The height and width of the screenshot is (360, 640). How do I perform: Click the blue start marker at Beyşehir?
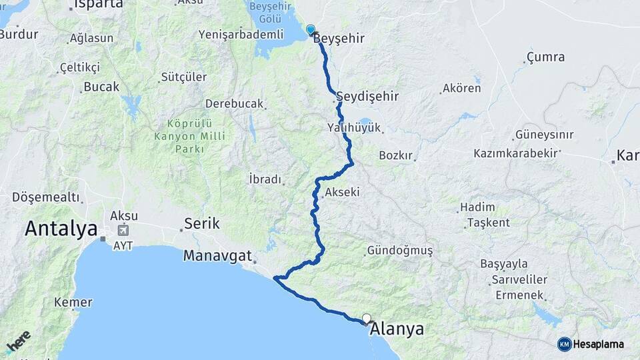tap(310, 29)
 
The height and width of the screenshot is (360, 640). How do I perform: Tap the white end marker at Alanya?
tap(367, 319)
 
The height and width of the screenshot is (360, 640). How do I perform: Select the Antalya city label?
tap(61, 229)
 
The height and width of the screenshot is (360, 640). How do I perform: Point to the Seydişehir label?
tap(368, 96)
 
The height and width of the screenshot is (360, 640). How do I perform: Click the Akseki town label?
tap(343, 192)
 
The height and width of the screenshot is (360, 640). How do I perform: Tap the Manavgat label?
tap(217, 255)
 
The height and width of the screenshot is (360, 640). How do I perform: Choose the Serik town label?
tap(201, 223)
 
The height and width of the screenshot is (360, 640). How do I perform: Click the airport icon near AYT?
tap(123, 231)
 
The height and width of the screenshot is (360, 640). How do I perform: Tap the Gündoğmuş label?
tap(399, 251)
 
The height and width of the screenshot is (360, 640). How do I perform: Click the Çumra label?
tap(545, 57)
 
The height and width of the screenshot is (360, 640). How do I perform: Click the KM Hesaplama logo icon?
tap(565, 344)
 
